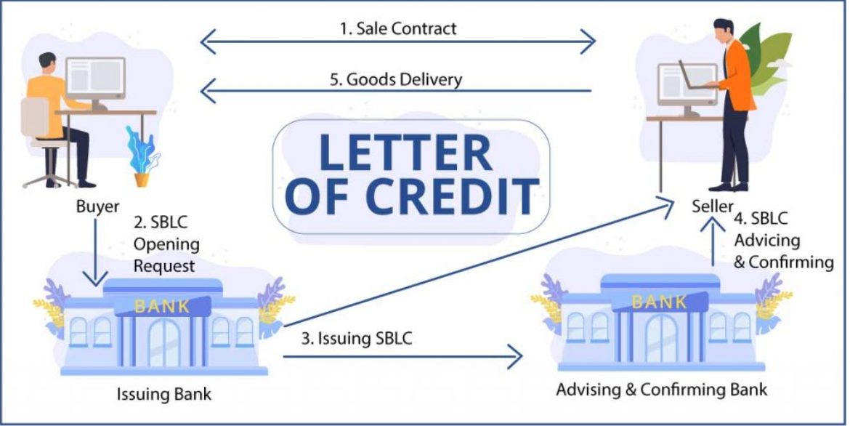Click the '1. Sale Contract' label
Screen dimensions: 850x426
[398, 28]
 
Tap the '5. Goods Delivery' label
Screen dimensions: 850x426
[396, 79]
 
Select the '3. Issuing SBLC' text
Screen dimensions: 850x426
[357, 339]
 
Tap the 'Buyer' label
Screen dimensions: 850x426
[97, 206]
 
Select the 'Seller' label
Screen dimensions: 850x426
[712, 206]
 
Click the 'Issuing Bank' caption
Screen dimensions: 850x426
[163, 394]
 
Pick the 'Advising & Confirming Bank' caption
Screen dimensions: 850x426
[662, 390]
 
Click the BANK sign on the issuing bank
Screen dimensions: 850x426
[162, 307]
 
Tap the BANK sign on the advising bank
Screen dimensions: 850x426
[660, 302]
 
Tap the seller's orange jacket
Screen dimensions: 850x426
[738, 76]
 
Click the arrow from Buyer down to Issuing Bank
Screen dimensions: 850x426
[95, 252]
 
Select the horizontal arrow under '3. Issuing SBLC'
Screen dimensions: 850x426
[402, 356]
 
